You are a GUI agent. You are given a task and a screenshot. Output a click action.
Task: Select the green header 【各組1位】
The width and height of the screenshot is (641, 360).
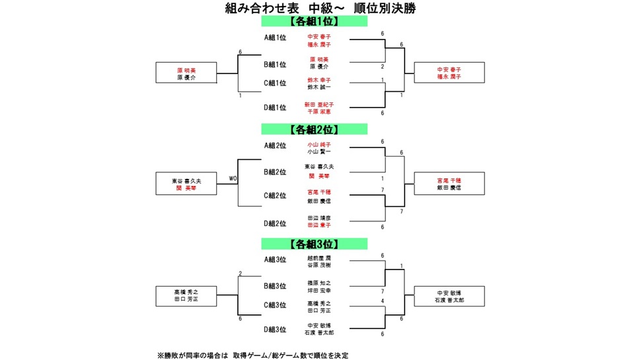coord(314,21)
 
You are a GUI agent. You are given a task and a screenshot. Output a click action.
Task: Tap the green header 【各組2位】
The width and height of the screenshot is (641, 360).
coord(314,129)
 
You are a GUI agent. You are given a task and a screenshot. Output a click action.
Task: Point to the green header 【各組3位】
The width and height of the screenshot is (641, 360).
coord(314,244)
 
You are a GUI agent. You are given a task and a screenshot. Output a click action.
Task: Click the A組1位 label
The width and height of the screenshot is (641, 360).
coord(275,38)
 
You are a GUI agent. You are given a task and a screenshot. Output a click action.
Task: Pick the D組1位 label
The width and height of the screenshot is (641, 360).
coord(275,107)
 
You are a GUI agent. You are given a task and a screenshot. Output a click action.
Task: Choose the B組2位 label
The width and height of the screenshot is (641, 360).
coord(275,172)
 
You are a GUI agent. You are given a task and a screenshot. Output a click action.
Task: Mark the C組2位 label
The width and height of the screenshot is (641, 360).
coord(275,196)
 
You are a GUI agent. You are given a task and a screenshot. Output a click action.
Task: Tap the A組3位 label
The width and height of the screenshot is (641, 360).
coord(275,260)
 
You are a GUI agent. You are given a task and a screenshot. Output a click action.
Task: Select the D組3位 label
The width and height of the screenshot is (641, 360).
coord(275,329)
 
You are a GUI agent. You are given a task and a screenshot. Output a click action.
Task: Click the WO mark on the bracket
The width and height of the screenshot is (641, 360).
coord(233,178)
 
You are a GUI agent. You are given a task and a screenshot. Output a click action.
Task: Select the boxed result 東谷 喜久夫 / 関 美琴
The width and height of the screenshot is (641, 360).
coord(187,184)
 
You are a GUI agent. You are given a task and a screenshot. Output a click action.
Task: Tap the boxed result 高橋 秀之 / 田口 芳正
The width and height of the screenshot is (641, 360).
coord(187,295)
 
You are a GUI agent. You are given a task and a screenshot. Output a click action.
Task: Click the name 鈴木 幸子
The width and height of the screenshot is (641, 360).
coord(319,80)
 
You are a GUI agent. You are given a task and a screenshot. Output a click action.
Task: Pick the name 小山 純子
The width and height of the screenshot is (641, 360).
coord(319,144)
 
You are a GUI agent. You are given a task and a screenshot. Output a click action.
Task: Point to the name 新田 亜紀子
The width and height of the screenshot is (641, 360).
coord(319,104)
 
